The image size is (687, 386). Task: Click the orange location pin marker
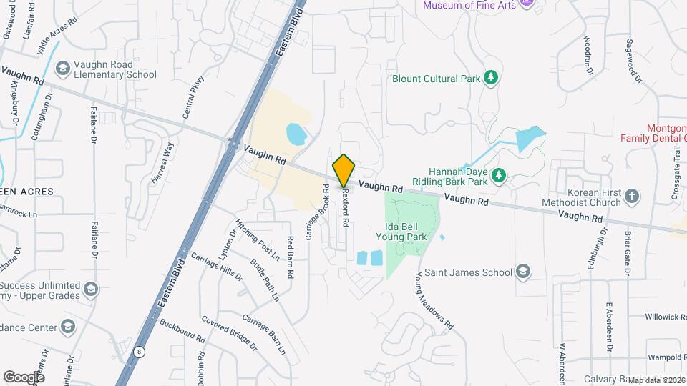pos(344,170)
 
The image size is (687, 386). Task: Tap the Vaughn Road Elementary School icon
pos(62,68)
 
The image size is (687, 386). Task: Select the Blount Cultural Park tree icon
pos(490,78)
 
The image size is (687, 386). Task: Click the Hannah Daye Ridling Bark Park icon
pos(499,175)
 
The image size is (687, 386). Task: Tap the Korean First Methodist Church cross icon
pos(631,196)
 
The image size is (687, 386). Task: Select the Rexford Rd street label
pos(345,207)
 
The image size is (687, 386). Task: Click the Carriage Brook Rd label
pos(317,212)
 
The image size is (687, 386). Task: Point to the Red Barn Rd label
pos(291,257)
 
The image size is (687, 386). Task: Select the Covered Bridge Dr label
pos(228,333)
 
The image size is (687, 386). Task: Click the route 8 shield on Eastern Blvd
pos(138,352)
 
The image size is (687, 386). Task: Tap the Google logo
pos(24,377)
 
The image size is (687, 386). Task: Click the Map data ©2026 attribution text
pos(656,380)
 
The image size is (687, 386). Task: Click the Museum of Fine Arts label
pos(469,5)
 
